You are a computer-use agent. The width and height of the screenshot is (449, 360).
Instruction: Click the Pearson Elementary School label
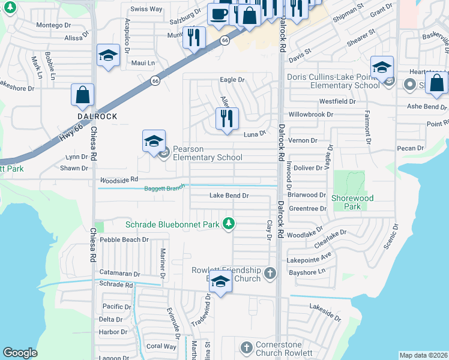[x=207, y=153]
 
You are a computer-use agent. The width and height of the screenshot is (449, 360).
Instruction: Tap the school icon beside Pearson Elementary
[x=154, y=142]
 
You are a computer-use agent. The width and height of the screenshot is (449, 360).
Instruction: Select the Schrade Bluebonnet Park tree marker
[x=228, y=224]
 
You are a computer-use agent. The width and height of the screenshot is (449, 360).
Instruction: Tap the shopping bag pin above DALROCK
[x=83, y=95]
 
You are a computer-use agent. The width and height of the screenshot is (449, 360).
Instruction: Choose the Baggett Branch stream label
[x=164, y=188]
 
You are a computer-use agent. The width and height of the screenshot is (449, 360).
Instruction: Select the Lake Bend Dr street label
[x=229, y=196]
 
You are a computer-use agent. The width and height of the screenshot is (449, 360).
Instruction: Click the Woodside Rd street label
[x=119, y=179]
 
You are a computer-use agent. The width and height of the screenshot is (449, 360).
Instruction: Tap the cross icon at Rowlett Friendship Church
[x=270, y=274]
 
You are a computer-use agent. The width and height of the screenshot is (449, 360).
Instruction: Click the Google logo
[x=20, y=353]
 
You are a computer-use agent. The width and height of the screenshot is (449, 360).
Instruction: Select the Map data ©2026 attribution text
[x=423, y=355]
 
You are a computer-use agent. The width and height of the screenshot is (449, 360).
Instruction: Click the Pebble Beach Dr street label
[x=124, y=239]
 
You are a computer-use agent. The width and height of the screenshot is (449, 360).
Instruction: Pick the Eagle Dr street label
[x=232, y=79]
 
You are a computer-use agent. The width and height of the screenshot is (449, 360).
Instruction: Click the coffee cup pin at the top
[x=218, y=13]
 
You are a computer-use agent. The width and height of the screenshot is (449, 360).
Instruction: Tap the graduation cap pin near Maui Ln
[x=108, y=56]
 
